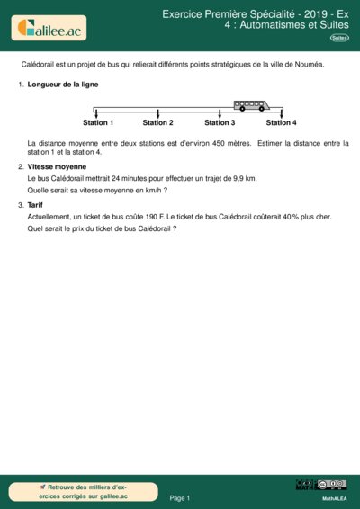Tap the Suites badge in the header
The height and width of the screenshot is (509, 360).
tap(339, 38)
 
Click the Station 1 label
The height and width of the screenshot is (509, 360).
tap(98, 122)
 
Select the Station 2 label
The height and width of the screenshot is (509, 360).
tap(157, 122)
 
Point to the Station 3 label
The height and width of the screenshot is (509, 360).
tap(220, 122)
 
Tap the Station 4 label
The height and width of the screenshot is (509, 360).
tap(281, 122)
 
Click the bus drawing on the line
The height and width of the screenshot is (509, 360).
tap(249, 104)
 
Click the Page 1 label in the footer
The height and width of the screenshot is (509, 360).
tap(180, 497)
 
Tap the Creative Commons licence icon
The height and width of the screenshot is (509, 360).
tap(321, 486)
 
